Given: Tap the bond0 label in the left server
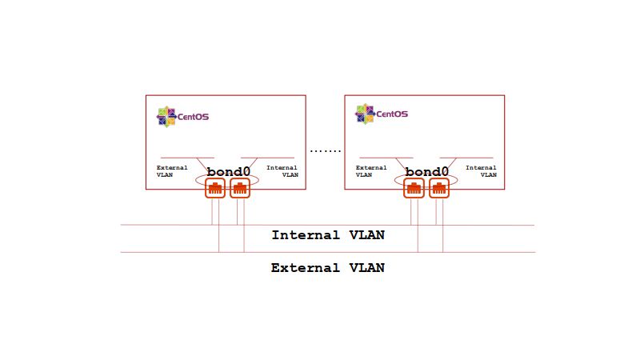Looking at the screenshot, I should (229, 172).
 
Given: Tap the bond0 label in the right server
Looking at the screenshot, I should (427, 172).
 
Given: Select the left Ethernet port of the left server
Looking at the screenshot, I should (214, 189).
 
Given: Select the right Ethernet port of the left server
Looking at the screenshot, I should (240, 189).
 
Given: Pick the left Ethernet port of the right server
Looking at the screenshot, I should (414, 189).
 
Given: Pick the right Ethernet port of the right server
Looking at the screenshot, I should (438, 189).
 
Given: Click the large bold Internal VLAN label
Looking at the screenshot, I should (328, 235).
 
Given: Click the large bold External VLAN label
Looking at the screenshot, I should (328, 268).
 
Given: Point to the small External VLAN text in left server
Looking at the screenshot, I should (172, 171).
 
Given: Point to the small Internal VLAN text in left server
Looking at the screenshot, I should (282, 171).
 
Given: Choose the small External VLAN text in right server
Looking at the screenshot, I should (371, 171).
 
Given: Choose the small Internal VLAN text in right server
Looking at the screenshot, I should (481, 171).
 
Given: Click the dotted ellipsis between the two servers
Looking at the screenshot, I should (326, 150).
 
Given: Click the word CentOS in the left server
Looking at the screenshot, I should (193, 117).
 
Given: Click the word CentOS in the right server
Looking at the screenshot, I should (392, 114).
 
